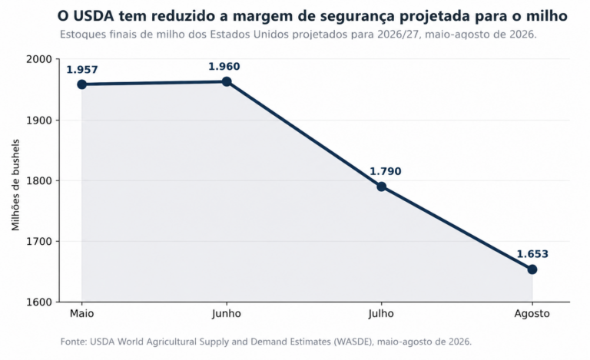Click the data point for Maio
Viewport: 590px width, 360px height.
(x=81, y=84)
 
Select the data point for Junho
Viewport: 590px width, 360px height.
(x=227, y=81)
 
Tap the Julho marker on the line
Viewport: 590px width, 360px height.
(x=382, y=187)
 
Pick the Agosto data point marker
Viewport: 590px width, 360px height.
(x=532, y=269)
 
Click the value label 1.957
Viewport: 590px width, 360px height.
(x=82, y=70)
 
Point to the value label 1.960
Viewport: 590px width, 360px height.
(x=224, y=67)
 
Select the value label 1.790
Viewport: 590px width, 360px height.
(x=386, y=171)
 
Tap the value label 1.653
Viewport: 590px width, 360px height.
(x=532, y=254)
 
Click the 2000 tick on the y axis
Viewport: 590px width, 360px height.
(x=38, y=59)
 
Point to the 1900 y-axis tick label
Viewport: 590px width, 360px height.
(x=38, y=121)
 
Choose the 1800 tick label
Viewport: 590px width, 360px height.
(x=38, y=180)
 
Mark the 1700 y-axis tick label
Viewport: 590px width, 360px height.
(x=38, y=241)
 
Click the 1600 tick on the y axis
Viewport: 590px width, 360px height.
(x=38, y=302)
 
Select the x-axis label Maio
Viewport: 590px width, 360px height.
(x=81, y=313)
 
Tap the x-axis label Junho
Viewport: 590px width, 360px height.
(x=227, y=314)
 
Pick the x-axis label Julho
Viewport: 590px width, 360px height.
(x=381, y=314)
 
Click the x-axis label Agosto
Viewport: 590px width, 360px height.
(x=532, y=314)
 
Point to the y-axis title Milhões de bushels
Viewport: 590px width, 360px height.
(x=15, y=185)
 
